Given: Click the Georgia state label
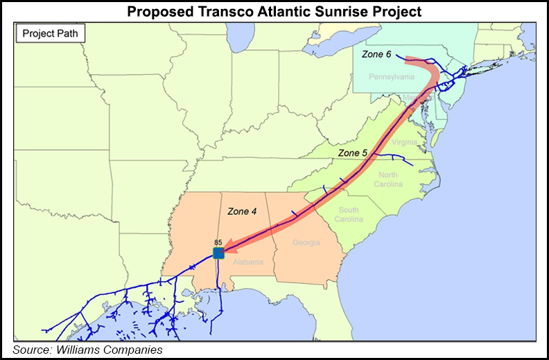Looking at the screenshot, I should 306,243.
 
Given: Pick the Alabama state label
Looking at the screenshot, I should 247,262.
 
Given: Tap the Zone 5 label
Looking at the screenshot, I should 351,153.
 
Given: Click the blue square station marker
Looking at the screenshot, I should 218,252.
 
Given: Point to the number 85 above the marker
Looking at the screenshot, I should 218,241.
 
